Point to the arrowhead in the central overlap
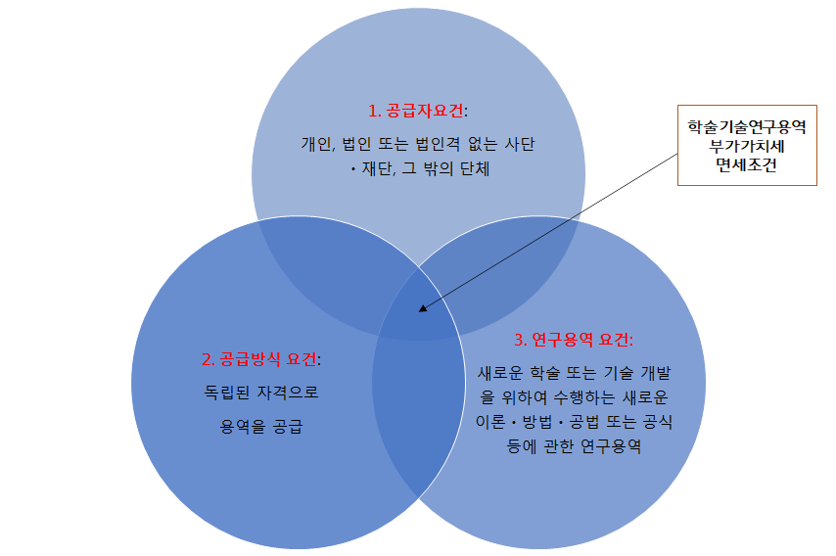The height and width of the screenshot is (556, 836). (423, 309)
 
